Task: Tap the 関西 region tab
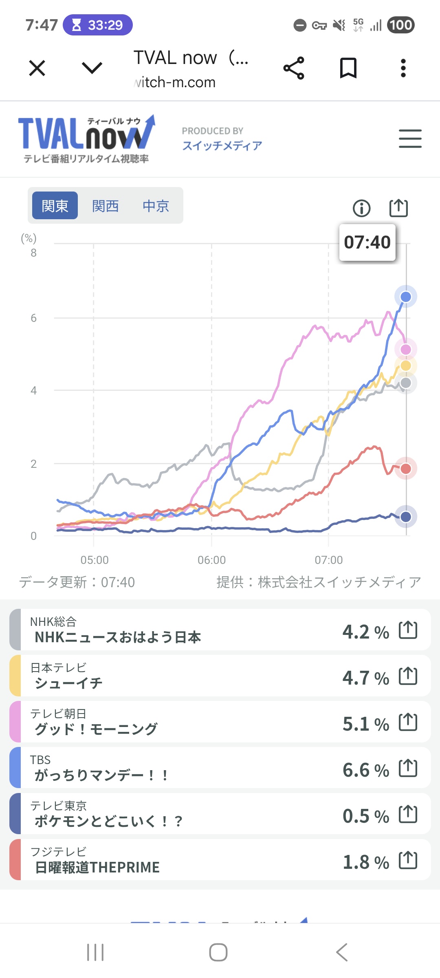tap(105, 206)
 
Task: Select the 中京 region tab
tap(156, 206)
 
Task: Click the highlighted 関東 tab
tap(55, 206)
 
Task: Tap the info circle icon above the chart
tap(361, 208)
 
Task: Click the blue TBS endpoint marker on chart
tap(405, 297)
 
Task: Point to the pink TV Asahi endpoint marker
tap(405, 349)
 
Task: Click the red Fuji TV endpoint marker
tap(405, 469)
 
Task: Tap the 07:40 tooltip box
tap(367, 242)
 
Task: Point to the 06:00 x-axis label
tap(211, 560)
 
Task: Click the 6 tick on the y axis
tap(34, 318)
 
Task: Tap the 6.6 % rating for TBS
tap(365, 770)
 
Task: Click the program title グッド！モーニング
tap(96, 729)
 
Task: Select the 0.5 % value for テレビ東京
tap(365, 816)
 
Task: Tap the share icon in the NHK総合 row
tap(408, 630)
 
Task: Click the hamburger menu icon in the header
tap(410, 139)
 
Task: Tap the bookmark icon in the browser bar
tap(348, 68)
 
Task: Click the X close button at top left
tap(37, 68)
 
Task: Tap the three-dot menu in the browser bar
tap(403, 68)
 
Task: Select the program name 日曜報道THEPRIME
tap(97, 868)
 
